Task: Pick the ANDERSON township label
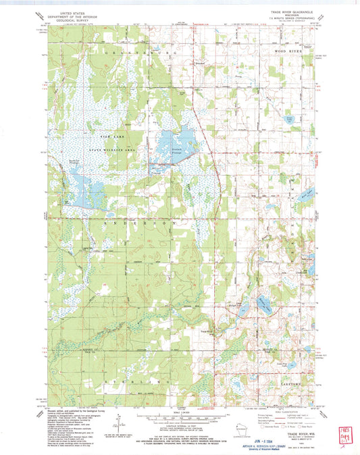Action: tap(142, 221)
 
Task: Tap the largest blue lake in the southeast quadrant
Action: tap(261, 306)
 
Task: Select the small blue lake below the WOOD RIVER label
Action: tap(288, 120)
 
